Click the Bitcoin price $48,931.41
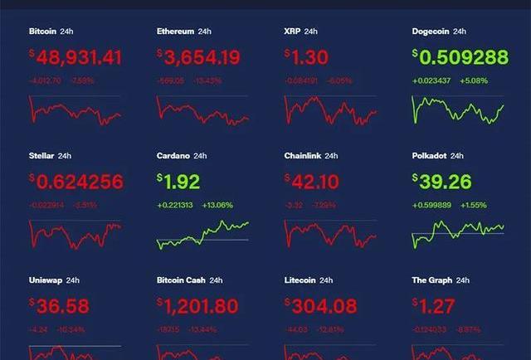(76, 57)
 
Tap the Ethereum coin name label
(175, 32)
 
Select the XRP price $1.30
(307, 57)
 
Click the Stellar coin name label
(41, 156)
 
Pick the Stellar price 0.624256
(76, 181)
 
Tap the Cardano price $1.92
(179, 181)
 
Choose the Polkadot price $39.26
(441, 181)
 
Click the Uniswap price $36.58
(59, 305)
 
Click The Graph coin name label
(431, 280)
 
